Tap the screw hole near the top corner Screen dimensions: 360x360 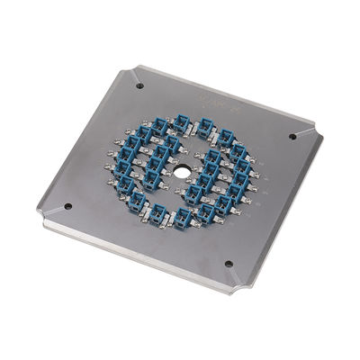click(x=139, y=86)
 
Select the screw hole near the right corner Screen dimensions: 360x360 click(x=292, y=137)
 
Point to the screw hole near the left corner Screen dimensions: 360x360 click(x=67, y=206)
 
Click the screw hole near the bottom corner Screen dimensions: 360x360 click(x=228, y=265)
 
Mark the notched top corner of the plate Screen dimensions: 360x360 click(x=135, y=68)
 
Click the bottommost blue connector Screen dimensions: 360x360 click(x=184, y=216)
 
